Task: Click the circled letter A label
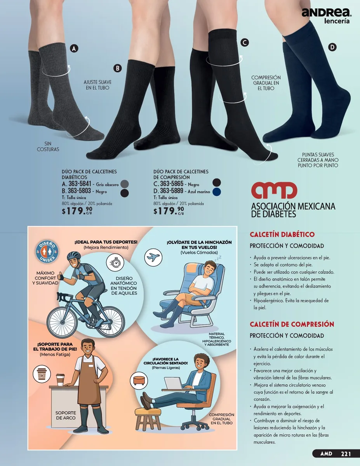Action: [x=74, y=49]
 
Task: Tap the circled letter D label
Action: [x=332, y=47]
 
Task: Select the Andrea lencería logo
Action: [x=326, y=16]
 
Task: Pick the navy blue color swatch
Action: [x=217, y=192]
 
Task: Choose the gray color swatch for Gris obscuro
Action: [x=125, y=184]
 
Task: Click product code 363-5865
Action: [x=172, y=184]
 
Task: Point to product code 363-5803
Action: [x=79, y=191]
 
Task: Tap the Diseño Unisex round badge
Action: [x=47, y=252]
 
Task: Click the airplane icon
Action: [x=153, y=257]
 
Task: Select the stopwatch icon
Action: [x=115, y=263]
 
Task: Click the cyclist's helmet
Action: [x=74, y=256]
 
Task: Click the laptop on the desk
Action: [x=173, y=383]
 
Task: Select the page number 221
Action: [x=346, y=454]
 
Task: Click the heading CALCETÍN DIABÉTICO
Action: [x=282, y=235]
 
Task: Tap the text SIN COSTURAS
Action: [x=48, y=146]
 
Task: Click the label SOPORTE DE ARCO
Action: [x=66, y=416]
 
